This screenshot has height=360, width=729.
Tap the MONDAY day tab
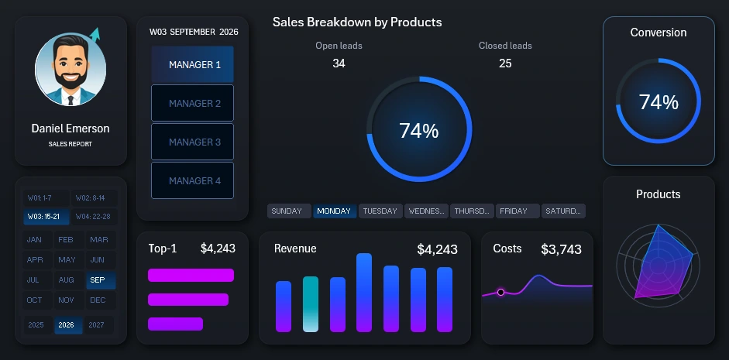[x=335, y=211]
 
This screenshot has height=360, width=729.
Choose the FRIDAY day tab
[x=518, y=211]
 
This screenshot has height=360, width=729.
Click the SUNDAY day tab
[x=289, y=211]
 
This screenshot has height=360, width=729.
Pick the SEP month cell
[x=98, y=280]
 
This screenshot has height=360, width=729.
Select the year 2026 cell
[x=67, y=325]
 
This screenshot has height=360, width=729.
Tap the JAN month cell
[x=35, y=239]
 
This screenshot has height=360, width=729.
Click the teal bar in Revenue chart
[x=310, y=303]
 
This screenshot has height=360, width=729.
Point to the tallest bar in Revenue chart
[x=364, y=292]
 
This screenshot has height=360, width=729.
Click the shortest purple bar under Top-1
[x=175, y=324]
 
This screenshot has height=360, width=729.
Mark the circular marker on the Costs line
[x=501, y=292]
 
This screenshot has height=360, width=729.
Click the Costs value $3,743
[x=561, y=249]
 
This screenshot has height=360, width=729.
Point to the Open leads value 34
[x=339, y=63]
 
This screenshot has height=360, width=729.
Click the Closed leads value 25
[x=505, y=63]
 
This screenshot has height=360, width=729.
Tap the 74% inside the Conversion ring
[x=659, y=102]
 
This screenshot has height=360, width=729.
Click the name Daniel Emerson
[x=70, y=129]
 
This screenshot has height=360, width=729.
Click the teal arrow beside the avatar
[x=95, y=34]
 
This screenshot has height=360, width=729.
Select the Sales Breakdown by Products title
[x=357, y=22]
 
